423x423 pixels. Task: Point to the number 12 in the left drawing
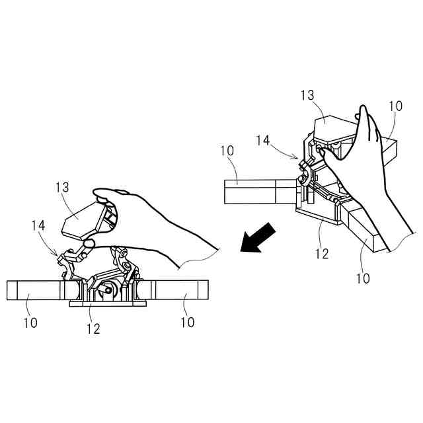click(93, 328)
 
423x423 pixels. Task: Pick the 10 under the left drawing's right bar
click(187, 323)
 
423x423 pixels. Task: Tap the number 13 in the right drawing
click(307, 96)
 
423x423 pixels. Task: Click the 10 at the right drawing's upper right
click(395, 106)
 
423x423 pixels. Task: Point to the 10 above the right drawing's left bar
click(227, 152)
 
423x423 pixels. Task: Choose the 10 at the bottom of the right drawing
click(363, 278)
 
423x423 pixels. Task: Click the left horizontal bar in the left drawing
click(33, 290)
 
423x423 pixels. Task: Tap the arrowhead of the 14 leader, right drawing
click(299, 159)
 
